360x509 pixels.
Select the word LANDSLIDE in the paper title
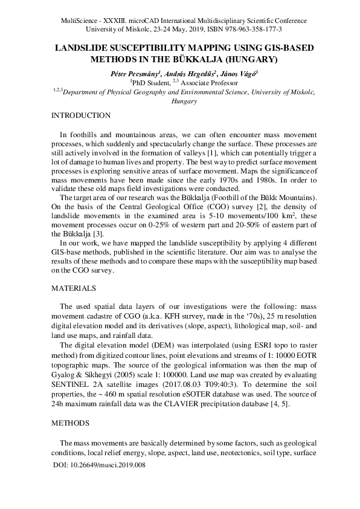[x=84, y=48]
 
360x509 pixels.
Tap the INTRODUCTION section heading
[x=81, y=115]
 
